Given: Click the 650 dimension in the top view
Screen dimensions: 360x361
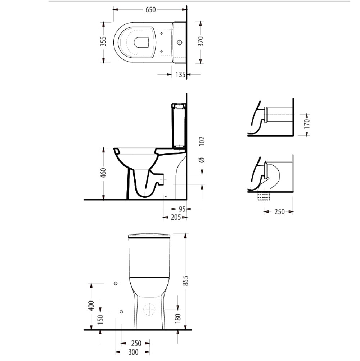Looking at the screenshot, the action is tap(151, 10).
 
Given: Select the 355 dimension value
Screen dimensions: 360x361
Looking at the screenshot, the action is tap(103, 41).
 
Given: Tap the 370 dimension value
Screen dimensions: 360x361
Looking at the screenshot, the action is tap(201, 41).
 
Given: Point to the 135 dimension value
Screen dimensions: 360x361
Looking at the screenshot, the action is tap(180, 75).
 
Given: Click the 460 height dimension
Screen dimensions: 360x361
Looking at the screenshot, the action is tap(103, 173).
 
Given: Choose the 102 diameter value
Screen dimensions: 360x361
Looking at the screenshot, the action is tap(202, 141).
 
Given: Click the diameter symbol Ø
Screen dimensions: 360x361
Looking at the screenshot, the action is tap(202, 160).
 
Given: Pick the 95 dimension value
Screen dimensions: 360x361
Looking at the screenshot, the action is tap(182, 209).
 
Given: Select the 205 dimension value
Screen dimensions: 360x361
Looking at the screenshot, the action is tap(176, 217).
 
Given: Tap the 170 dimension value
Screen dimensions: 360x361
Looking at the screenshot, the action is tap(307, 124).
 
